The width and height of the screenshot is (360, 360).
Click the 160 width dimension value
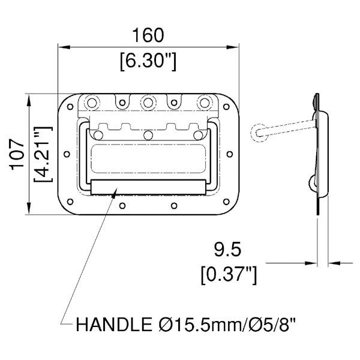[x=147, y=35]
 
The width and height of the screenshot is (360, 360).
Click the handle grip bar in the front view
[x=148, y=186]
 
